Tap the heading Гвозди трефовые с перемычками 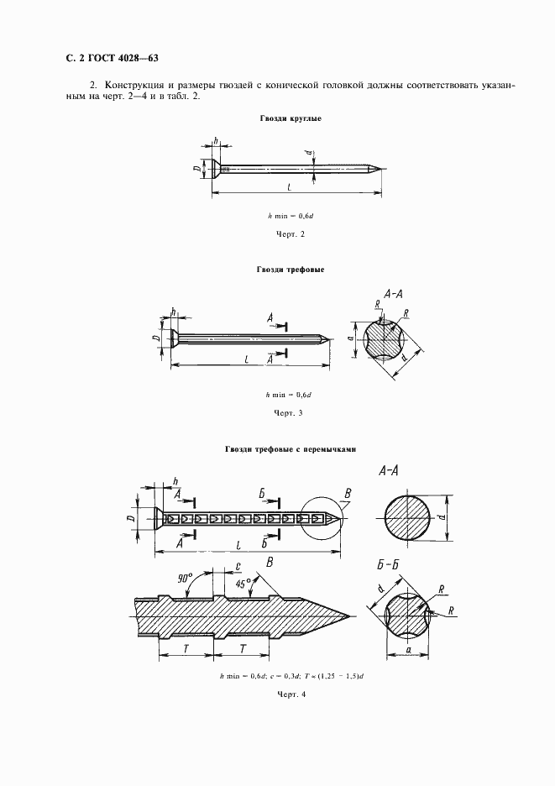[x=291, y=448]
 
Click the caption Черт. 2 [x=290, y=233]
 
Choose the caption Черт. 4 [x=290, y=694]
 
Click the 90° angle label [x=186, y=578]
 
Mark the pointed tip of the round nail [x=382, y=169]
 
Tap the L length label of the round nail [x=289, y=186]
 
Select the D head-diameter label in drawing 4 [x=132, y=519]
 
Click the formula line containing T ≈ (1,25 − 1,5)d [x=290, y=676]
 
